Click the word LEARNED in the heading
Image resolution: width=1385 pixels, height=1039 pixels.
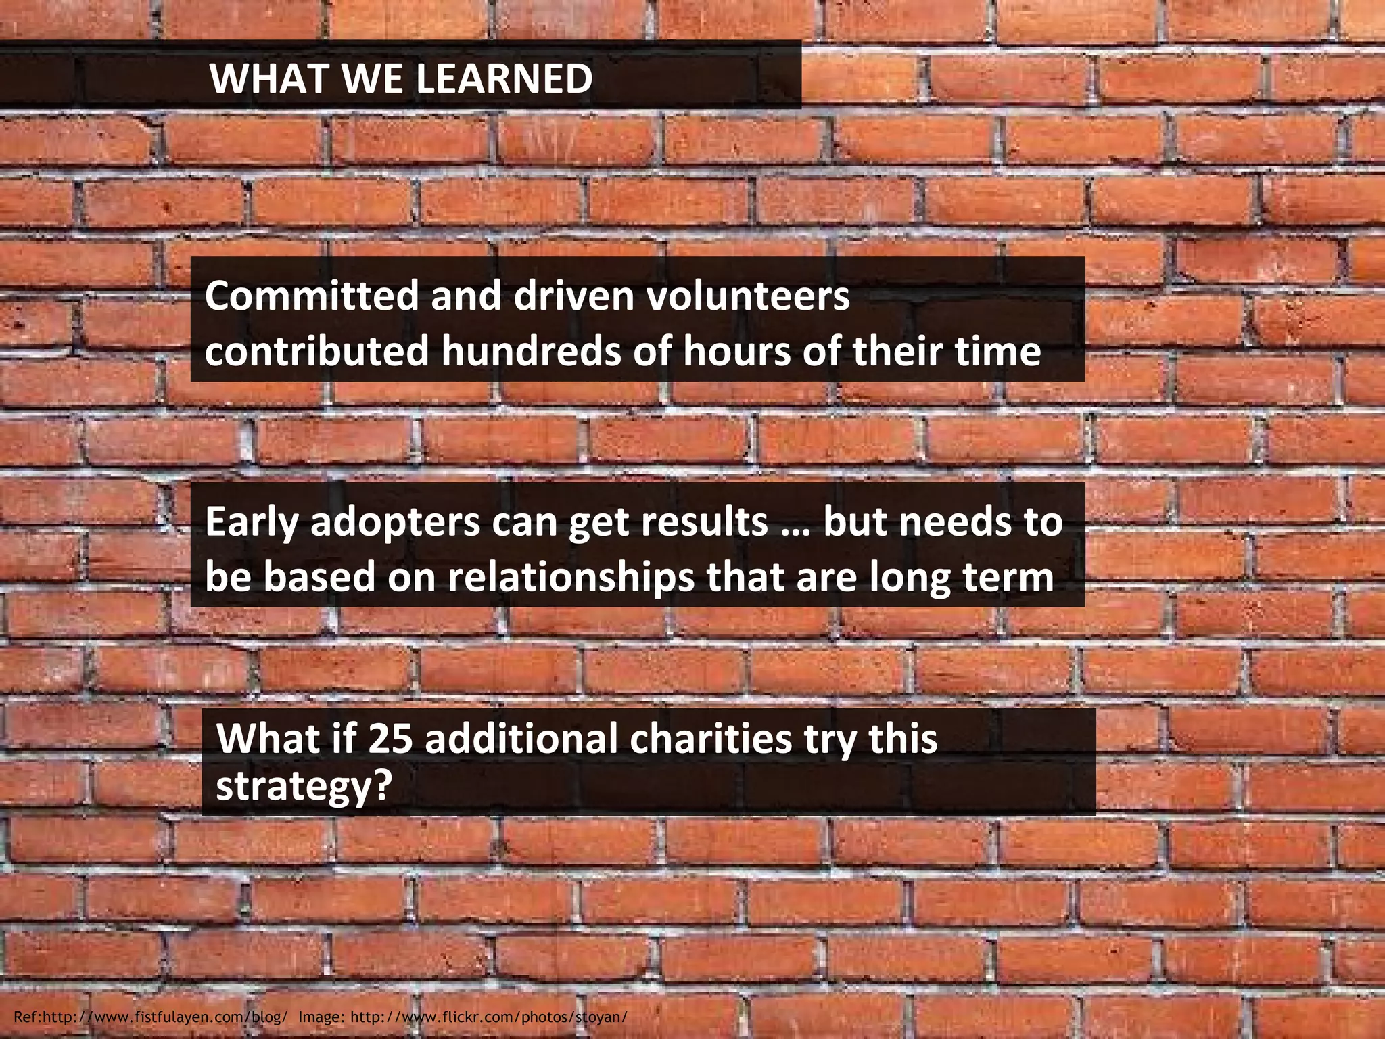(x=503, y=78)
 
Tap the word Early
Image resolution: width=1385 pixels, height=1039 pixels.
(x=251, y=522)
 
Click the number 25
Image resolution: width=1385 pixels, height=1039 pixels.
(x=390, y=739)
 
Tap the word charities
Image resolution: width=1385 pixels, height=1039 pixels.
(x=710, y=739)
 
